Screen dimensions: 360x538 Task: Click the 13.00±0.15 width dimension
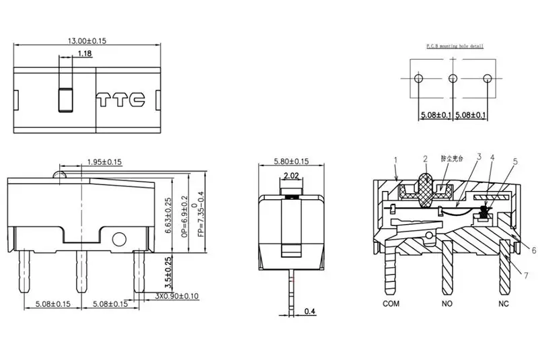click(87, 41)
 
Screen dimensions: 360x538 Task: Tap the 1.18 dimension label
click(85, 53)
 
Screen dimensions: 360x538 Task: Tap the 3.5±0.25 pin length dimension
click(168, 272)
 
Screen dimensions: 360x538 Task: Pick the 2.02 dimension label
click(291, 176)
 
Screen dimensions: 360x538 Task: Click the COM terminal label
click(391, 303)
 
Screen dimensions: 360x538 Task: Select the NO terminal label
click(447, 303)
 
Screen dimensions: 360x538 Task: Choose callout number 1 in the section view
click(396, 160)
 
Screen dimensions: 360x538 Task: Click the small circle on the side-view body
click(120, 238)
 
